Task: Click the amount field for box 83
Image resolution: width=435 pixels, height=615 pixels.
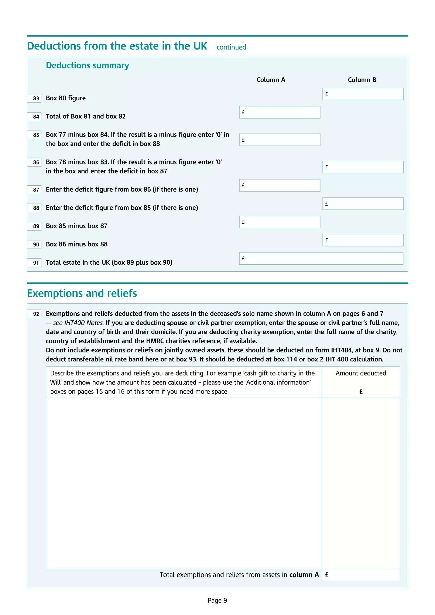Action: coord(363,94)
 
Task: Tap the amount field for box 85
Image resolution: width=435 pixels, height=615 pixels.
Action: coord(280,140)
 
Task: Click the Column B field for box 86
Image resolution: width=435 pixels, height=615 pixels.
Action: coord(363,167)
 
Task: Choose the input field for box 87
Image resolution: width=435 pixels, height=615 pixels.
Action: coord(280,185)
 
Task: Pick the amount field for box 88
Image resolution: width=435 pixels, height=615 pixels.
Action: coord(363,204)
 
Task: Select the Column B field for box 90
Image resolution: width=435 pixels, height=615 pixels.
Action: coord(363,240)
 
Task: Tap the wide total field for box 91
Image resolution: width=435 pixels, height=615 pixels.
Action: coord(321,258)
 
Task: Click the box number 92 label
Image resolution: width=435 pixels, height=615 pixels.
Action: coord(36,314)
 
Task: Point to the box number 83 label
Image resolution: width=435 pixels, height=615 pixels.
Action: coord(36,98)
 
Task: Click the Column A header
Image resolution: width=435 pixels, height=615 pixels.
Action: coord(271,80)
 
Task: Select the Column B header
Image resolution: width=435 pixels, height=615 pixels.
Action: coord(362,80)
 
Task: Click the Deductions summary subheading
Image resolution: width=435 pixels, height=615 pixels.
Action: coord(87,65)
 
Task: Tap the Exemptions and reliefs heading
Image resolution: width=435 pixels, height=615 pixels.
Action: coord(82,293)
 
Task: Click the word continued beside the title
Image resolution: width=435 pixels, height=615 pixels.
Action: coord(231,47)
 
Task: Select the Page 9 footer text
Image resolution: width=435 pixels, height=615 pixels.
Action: coord(217,600)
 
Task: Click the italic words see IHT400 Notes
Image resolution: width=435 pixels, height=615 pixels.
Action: coord(78,323)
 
